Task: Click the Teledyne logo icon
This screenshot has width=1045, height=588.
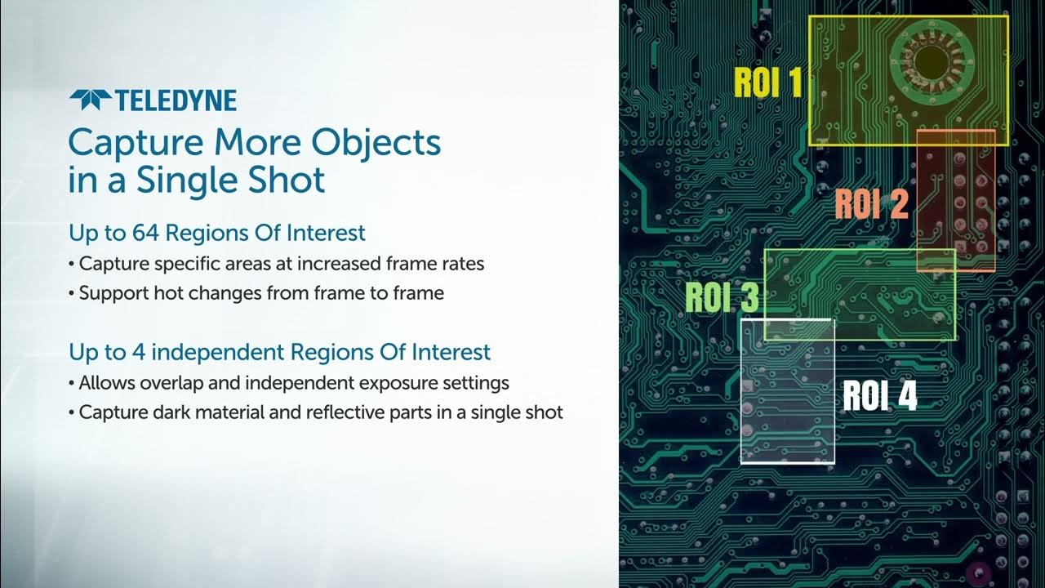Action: [90, 100]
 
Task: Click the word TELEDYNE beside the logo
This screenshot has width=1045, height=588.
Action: [176, 101]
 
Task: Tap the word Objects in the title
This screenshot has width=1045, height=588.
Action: [376, 143]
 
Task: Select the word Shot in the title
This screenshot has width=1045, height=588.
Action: [291, 180]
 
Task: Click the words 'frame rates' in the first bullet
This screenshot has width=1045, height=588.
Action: [438, 264]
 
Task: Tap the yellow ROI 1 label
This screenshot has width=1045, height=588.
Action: [767, 82]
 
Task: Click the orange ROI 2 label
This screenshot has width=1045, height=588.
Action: [870, 203]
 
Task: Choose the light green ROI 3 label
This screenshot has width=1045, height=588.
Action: [722, 297]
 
